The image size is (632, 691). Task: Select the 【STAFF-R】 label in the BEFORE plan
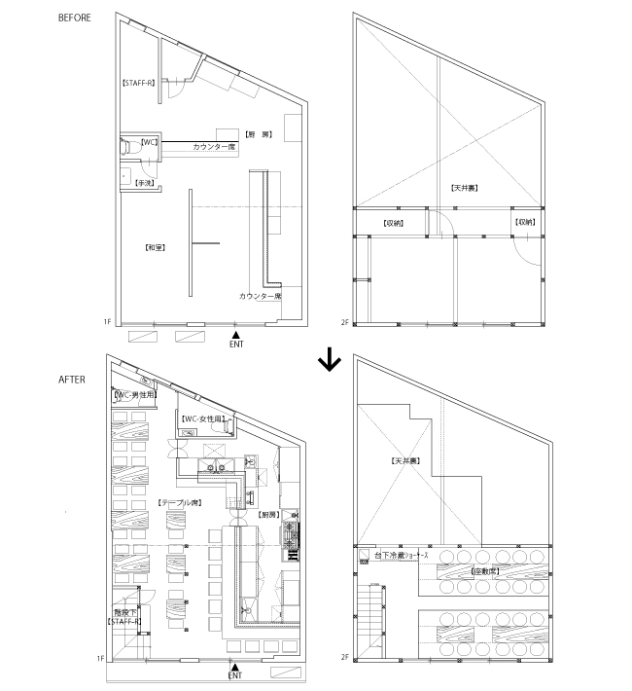coord(138,84)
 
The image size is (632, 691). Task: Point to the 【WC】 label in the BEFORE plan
coord(149,142)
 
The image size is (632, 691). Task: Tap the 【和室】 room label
coord(154,247)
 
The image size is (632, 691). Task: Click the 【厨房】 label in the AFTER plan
coord(268,513)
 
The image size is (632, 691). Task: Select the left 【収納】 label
coord(393,223)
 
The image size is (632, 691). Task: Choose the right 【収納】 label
coord(525,223)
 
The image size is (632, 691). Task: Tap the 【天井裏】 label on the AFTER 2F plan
coord(404,460)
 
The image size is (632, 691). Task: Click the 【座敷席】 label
coord(483,571)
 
